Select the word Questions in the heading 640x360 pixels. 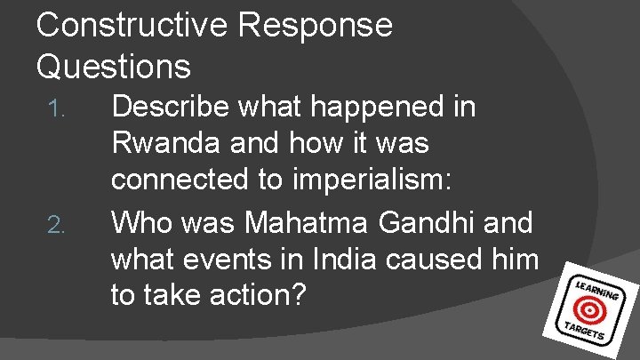click(x=114, y=66)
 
